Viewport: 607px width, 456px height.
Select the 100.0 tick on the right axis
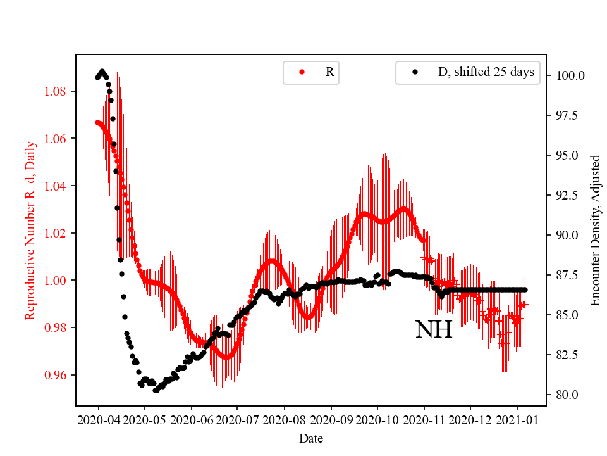click(570, 75)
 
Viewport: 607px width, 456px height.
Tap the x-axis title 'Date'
click(310, 438)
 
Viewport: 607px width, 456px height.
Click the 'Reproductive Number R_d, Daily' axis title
click(30, 230)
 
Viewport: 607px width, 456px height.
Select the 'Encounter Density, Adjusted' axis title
click(594, 230)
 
